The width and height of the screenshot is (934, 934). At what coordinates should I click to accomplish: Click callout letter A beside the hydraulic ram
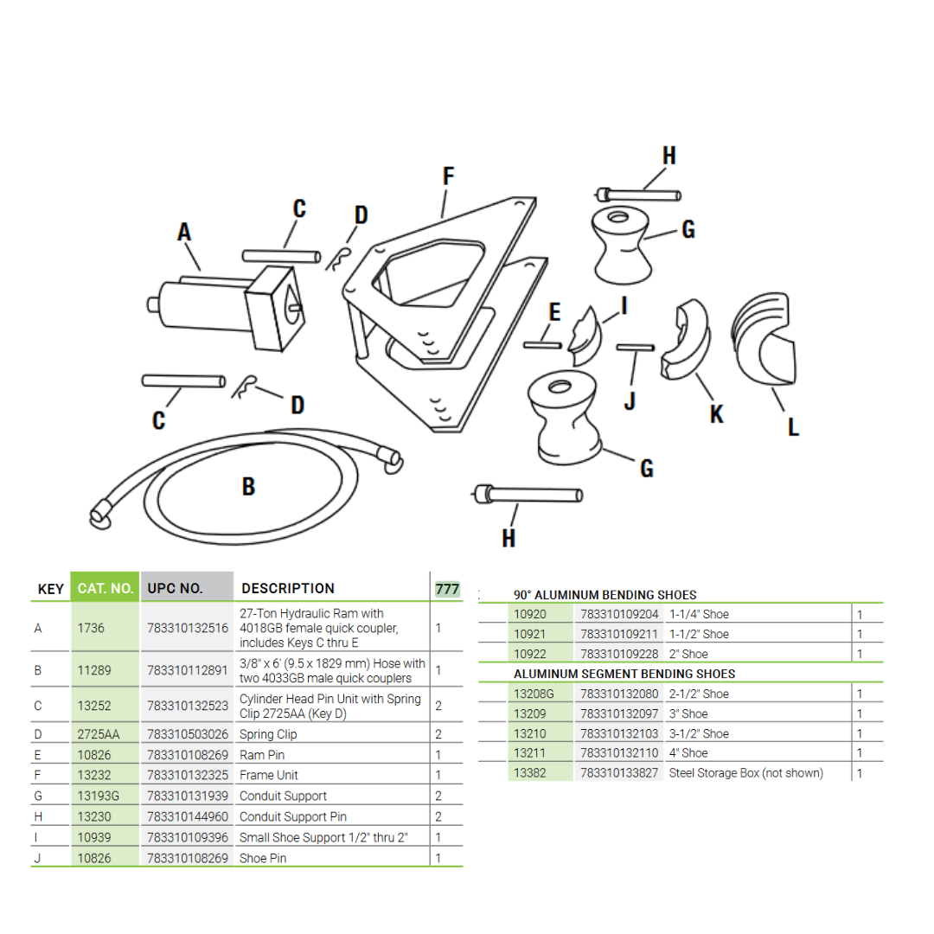tap(184, 232)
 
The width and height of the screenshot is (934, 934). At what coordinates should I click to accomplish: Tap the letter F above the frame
tap(448, 176)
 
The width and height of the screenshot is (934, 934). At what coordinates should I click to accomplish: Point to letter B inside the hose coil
tap(248, 487)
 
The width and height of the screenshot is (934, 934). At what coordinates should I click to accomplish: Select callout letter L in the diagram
tap(793, 426)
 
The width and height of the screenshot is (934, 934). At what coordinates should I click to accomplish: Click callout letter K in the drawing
tap(716, 414)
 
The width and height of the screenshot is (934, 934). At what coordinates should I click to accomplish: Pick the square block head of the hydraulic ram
tap(275, 308)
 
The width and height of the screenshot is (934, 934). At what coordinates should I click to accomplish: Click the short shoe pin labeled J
tap(635, 348)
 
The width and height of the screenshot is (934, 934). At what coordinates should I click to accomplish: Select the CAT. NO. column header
tap(105, 589)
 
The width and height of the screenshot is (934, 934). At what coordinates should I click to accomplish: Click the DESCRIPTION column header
tap(288, 589)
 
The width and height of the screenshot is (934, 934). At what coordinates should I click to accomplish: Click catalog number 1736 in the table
tap(91, 628)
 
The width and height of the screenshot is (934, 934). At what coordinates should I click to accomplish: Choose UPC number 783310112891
tap(188, 670)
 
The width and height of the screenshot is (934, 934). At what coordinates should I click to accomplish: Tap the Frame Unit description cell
tap(269, 776)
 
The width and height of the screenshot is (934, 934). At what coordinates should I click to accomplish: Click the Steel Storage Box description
tap(745, 773)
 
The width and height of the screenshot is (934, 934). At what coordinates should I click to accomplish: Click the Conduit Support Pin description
tap(295, 817)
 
